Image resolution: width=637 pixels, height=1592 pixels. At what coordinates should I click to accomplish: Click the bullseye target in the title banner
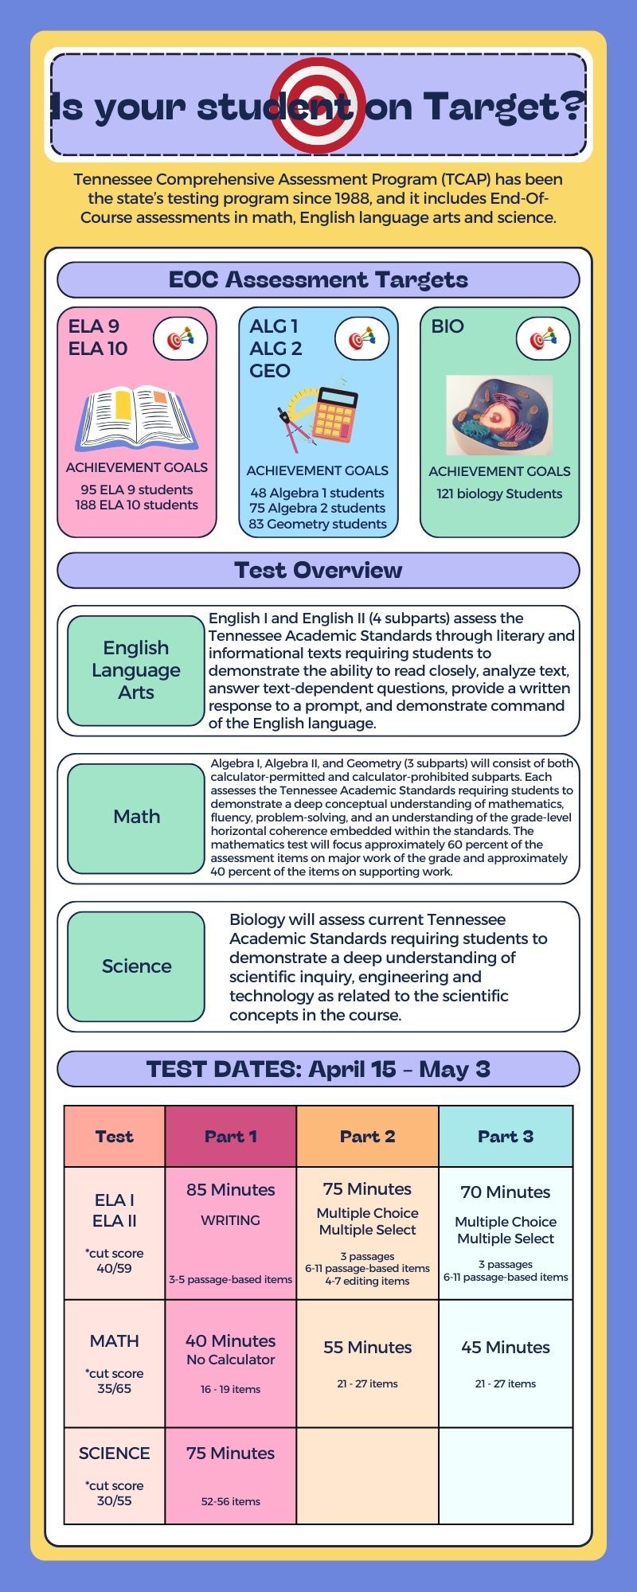tap(318, 104)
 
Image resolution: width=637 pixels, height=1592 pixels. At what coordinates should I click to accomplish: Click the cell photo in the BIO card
tap(499, 416)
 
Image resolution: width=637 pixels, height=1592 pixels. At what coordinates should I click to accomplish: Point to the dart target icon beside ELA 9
tap(180, 338)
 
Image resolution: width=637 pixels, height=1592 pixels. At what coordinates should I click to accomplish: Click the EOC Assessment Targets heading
tap(318, 279)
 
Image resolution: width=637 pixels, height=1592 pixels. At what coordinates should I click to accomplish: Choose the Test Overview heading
tap(318, 570)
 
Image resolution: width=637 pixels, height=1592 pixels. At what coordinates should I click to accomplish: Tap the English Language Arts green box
tap(136, 670)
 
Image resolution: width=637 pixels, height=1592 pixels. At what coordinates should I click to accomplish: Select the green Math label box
tap(136, 817)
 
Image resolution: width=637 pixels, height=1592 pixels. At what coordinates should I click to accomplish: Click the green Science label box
tap(136, 966)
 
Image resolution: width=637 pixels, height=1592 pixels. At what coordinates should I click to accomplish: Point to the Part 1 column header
tap(231, 1136)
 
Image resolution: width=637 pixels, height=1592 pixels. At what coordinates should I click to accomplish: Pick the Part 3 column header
tap(506, 1136)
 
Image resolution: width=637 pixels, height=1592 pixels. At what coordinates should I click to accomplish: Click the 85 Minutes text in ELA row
tap(231, 1189)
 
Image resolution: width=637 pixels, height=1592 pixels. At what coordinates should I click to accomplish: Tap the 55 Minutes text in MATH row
tap(367, 1347)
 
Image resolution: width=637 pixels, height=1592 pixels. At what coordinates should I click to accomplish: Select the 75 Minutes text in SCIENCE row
tap(231, 1453)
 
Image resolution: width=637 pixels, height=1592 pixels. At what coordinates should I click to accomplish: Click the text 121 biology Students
tap(499, 494)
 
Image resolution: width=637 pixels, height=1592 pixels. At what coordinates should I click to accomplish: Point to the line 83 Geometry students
tap(318, 524)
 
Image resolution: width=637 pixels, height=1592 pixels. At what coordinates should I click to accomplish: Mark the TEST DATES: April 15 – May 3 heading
tap(318, 1068)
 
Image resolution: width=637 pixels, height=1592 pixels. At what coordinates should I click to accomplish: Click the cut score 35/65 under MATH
tap(114, 1381)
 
